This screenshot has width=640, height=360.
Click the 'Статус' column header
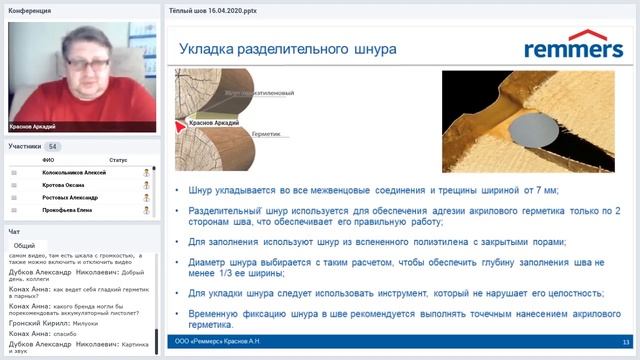pos(118,159)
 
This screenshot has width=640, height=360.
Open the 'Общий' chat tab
pos(25,244)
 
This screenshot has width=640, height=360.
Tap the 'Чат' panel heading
pos(14,231)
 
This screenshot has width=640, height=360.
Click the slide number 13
pos(625,342)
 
